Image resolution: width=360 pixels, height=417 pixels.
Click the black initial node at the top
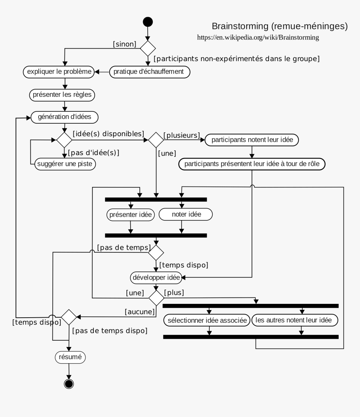[x=148, y=22]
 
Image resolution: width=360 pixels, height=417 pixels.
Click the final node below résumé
[x=69, y=383]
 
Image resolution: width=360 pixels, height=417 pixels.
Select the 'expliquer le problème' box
[x=59, y=72]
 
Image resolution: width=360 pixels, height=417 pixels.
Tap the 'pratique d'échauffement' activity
[x=149, y=72]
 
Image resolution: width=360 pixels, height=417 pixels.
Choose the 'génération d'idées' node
[x=64, y=117]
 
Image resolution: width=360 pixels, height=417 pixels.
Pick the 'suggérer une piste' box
[x=64, y=163]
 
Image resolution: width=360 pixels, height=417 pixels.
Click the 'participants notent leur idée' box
[x=252, y=140]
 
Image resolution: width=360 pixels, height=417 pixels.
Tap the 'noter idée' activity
[x=186, y=215]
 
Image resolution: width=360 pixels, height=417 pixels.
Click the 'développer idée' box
[x=156, y=277]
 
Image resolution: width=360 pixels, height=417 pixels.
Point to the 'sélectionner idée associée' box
[x=207, y=321]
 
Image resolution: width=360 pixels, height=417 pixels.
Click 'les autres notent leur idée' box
[x=295, y=321]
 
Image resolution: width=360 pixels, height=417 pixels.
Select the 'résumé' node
[x=70, y=357]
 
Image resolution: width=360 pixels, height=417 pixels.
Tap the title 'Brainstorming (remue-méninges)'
[x=280, y=26]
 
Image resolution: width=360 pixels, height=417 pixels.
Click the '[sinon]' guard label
[x=125, y=44]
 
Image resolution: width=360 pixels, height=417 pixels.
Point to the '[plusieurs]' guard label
[x=181, y=135]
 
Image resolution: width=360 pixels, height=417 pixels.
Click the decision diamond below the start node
[x=148, y=48]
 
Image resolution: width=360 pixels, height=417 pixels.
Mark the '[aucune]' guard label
[x=140, y=311]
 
